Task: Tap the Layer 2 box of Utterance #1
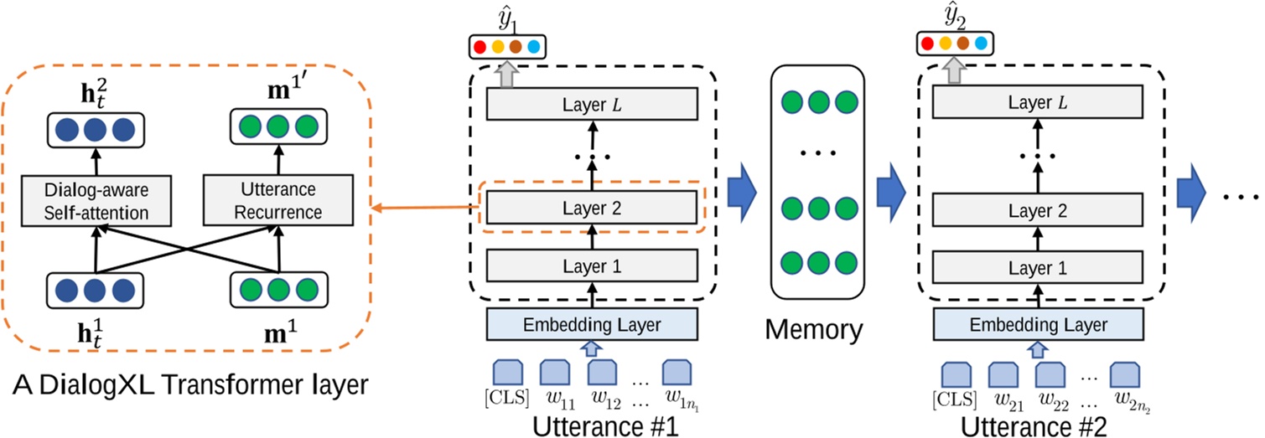[x=591, y=208]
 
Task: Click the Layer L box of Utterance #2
[x=1038, y=104]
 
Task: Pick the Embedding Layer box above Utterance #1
[x=591, y=324]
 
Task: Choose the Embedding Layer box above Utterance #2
[x=1038, y=324]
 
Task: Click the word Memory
[x=813, y=329]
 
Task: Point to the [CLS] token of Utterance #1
[x=510, y=372]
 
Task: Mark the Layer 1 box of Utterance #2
[x=1038, y=267]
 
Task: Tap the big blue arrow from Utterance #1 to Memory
[x=740, y=192]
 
